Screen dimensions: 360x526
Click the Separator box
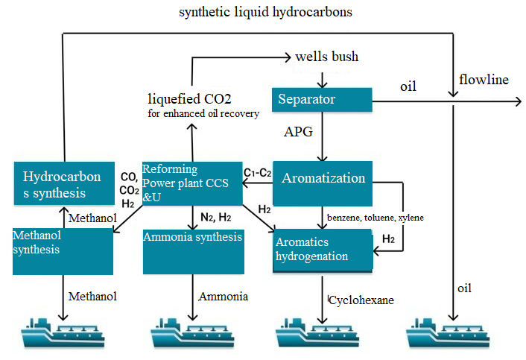(321, 99)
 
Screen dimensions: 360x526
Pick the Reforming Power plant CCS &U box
(191, 183)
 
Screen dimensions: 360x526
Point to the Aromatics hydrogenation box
(322, 250)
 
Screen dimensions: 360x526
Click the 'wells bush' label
(326, 57)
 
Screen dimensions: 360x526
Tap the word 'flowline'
(484, 79)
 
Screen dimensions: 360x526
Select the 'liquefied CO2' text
(189, 98)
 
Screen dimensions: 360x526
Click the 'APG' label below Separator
(296, 132)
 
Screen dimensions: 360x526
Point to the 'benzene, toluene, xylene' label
(375, 217)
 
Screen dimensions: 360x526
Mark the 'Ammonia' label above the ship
(223, 297)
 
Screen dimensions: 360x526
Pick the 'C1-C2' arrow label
(256, 173)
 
